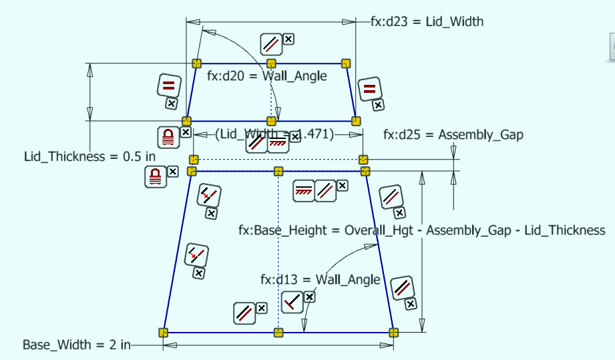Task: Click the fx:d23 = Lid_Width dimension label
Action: tap(427, 21)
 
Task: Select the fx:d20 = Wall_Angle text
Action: tap(267, 76)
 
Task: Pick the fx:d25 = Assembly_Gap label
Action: tap(453, 134)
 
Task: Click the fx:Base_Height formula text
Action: tap(421, 230)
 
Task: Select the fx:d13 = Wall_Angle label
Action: tap(321, 279)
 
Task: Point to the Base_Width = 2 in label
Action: tap(76, 345)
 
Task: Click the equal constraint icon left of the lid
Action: tap(169, 85)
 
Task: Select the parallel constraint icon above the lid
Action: tap(271, 44)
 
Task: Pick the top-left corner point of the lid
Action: tap(196, 63)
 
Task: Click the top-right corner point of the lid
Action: tap(346, 63)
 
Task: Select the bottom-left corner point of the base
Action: tap(163, 332)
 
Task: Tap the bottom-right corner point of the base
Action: tap(393, 332)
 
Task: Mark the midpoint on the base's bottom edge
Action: tap(278, 332)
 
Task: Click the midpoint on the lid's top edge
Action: tap(271, 63)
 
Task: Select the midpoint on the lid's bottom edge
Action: tap(271, 121)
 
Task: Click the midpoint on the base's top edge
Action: tap(278, 172)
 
